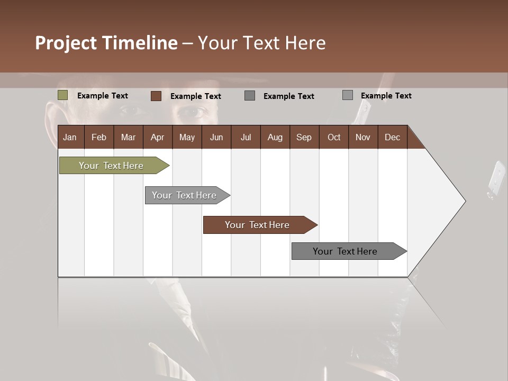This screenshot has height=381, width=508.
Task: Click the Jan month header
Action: [x=70, y=137]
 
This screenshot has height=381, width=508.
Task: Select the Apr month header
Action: [x=157, y=137]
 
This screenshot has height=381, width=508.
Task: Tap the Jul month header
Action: [x=246, y=137]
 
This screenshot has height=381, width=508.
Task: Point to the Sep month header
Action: [x=304, y=137]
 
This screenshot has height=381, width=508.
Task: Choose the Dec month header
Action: [x=392, y=137]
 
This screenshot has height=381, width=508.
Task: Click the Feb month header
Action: [x=99, y=137]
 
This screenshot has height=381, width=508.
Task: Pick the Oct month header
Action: [x=334, y=137]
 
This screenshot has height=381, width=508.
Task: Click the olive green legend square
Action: [x=63, y=95]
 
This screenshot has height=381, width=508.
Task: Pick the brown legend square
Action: [x=156, y=96]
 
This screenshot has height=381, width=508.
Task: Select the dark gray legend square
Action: [x=250, y=96]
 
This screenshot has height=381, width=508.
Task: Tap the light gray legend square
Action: [x=348, y=95]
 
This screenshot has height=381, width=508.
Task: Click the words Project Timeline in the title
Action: [x=106, y=43]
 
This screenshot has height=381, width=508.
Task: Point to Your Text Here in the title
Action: [x=262, y=43]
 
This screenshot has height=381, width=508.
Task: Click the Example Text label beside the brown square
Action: [x=196, y=96]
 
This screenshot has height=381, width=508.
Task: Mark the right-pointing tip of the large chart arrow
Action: [x=464, y=201]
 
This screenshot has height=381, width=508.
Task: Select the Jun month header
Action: [x=216, y=137]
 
